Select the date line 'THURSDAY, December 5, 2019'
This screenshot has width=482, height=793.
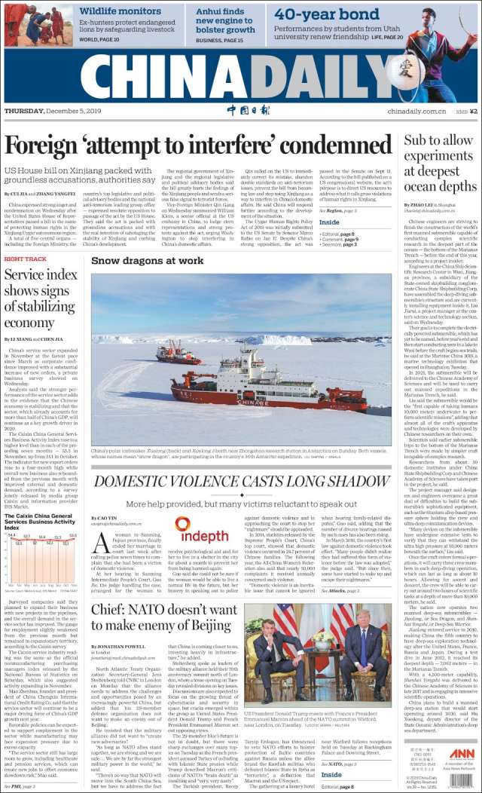pos(57,112)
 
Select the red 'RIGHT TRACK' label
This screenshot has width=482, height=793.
pos(25,259)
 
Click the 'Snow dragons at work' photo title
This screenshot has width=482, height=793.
pos(147,260)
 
